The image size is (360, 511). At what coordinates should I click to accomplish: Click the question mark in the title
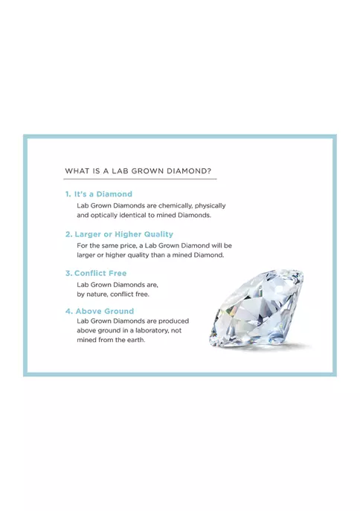click(x=209, y=171)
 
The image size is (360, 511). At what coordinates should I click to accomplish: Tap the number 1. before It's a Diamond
click(x=68, y=194)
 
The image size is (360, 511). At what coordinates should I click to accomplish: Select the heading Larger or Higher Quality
click(x=123, y=234)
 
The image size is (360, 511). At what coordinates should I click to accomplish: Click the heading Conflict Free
click(x=100, y=273)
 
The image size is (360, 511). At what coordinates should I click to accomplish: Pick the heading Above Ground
click(x=105, y=311)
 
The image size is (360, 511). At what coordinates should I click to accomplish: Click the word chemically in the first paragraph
click(x=176, y=205)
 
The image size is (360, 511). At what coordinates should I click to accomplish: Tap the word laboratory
click(x=152, y=330)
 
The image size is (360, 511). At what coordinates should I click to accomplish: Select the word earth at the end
click(x=137, y=340)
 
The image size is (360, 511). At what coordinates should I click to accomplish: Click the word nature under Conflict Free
click(x=97, y=295)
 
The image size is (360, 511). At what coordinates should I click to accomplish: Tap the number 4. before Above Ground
click(x=68, y=311)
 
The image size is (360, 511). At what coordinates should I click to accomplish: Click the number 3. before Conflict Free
click(x=68, y=273)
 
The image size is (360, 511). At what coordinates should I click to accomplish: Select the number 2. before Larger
click(x=68, y=234)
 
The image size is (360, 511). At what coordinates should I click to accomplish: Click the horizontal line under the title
click(x=140, y=179)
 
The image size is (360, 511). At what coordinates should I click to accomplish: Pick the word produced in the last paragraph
click(x=173, y=321)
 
